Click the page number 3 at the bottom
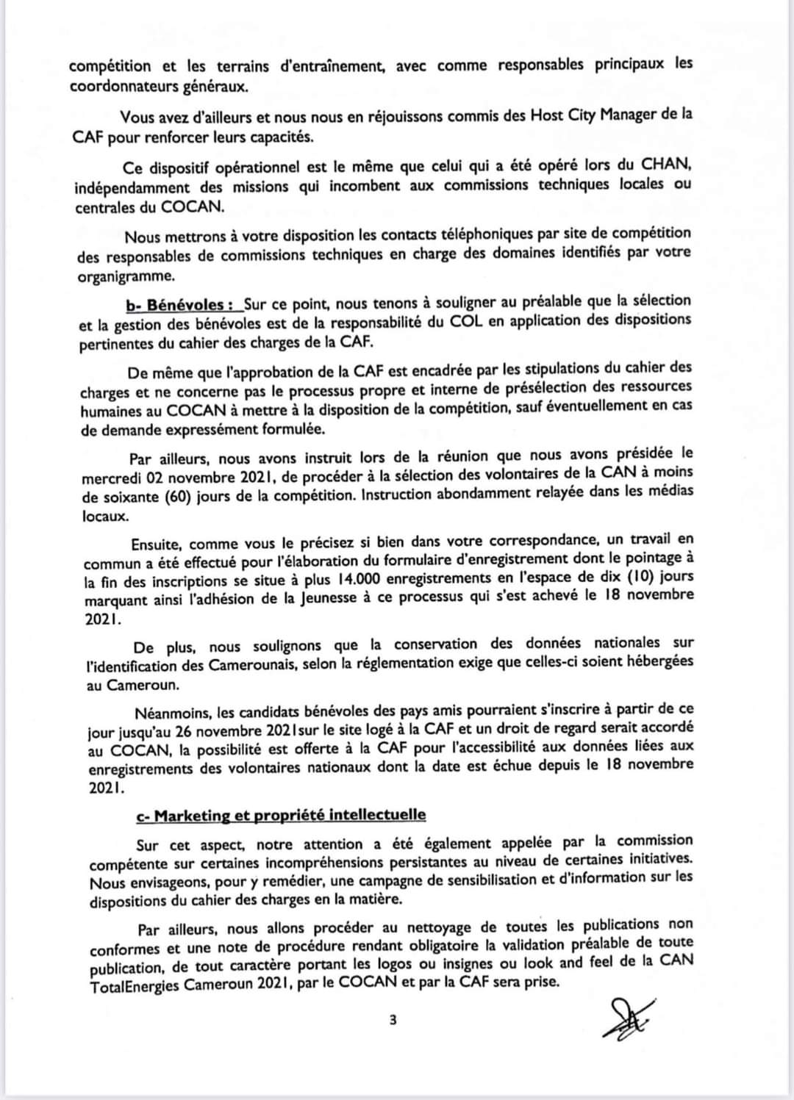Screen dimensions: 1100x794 (393, 1019)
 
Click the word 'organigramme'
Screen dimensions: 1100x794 (126, 277)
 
